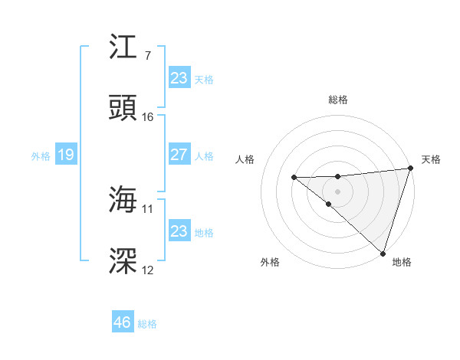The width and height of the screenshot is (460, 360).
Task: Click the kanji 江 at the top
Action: (x=123, y=48)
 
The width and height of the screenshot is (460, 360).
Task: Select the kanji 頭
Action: (x=123, y=109)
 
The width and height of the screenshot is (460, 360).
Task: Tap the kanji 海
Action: (x=123, y=200)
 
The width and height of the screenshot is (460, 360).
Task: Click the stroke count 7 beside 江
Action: (x=147, y=56)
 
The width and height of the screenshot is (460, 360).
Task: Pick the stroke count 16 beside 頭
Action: (x=148, y=116)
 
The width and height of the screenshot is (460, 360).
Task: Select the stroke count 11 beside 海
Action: (x=148, y=208)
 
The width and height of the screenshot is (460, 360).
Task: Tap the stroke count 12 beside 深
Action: (x=148, y=270)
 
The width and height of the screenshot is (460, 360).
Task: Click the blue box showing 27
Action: (x=179, y=155)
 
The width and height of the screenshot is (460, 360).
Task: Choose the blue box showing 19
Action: (x=65, y=155)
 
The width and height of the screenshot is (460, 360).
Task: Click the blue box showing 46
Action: (x=122, y=322)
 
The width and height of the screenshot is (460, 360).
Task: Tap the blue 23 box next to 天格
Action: (x=179, y=78)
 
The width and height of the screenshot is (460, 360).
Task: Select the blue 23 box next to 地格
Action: (x=179, y=231)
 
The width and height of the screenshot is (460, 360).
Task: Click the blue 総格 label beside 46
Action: (x=147, y=324)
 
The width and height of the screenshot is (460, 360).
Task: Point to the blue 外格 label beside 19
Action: (x=41, y=156)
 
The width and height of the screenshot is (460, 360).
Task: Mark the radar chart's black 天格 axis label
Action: (x=431, y=159)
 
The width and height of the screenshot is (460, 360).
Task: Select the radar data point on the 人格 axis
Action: (x=294, y=178)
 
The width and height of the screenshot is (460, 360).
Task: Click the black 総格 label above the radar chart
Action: (x=338, y=100)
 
